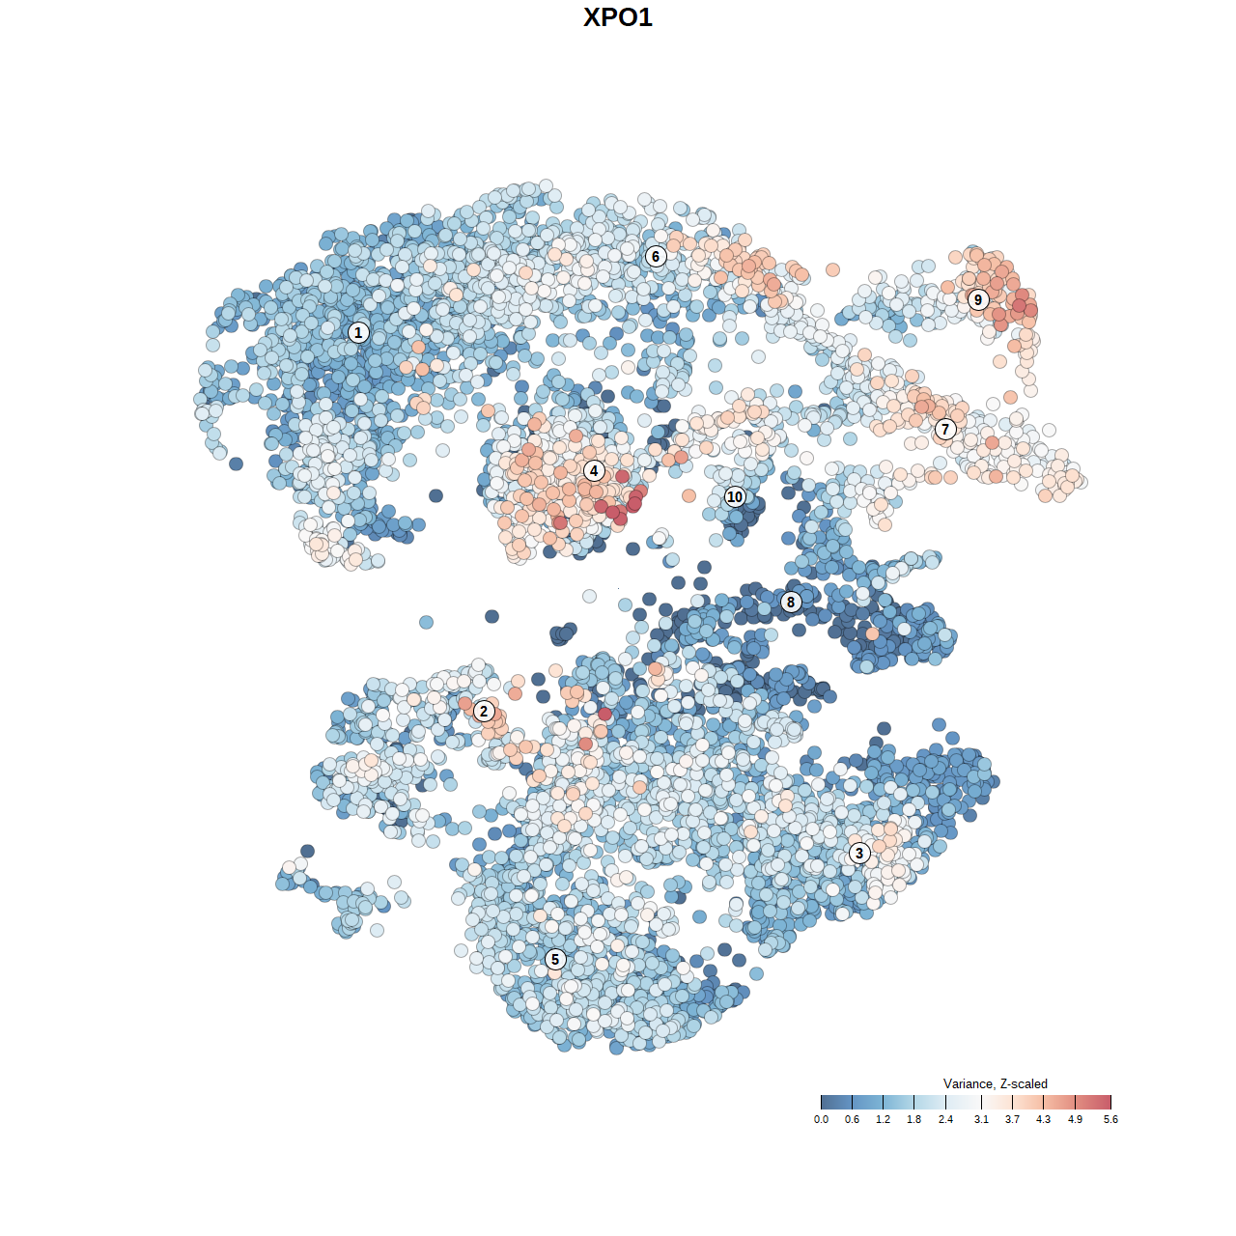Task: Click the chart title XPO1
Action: pyautogui.click(x=618, y=17)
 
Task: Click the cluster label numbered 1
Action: pyautogui.click(x=358, y=332)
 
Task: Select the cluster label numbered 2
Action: pyautogui.click(x=484, y=712)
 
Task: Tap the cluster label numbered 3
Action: pyautogui.click(x=859, y=853)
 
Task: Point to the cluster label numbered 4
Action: pyautogui.click(x=594, y=471)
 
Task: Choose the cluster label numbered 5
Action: pyautogui.click(x=555, y=959)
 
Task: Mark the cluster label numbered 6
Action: pyautogui.click(x=656, y=256)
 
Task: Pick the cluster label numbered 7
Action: pyautogui.click(x=945, y=429)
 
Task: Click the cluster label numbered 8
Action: pyautogui.click(x=791, y=602)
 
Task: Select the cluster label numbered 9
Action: pyautogui.click(x=978, y=299)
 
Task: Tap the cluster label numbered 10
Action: pyautogui.click(x=735, y=496)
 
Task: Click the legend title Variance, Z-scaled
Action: pyautogui.click(x=995, y=1083)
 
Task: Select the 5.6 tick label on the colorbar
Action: pyautogui.click(x=1110, y=1119)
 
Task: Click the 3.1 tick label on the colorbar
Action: pyautogui.click(x=981, y=1119)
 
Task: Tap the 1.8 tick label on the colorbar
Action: pyautogui.click(x=913, y=1119)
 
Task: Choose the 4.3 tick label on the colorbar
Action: pyautogui.click(x=1043, y=1119)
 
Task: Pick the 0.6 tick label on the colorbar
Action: pyautogui.click(x=852, y=1119)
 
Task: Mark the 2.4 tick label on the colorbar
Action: pyautogui.click(x=945, y=1119)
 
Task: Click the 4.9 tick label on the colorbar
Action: pyautogui.click(x=1075, y=1119)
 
